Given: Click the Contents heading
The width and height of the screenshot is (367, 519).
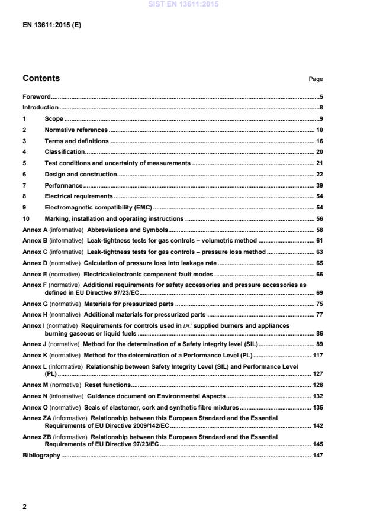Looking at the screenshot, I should pos(41,78).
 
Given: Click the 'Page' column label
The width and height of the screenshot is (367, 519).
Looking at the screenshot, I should pos(316,79).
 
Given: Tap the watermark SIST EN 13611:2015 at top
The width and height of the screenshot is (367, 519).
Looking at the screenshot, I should pos(183,4).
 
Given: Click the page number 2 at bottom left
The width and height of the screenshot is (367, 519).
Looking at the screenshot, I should pos(24,507).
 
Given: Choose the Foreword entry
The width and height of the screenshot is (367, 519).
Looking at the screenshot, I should pos(36,96).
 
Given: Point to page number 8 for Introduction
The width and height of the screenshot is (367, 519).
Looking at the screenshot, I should pos(320,108).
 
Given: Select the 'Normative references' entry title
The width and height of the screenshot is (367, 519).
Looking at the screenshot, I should pos(76,130).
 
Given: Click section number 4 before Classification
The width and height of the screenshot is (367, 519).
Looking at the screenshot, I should pos(24,152).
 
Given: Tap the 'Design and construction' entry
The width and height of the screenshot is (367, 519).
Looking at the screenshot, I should pos(81,174).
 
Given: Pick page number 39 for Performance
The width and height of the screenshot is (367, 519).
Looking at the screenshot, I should pos(318,185).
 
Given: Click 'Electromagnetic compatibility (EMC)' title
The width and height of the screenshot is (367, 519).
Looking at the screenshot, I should pos(98,208).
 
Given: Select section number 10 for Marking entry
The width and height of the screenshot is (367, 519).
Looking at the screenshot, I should pos(26,219).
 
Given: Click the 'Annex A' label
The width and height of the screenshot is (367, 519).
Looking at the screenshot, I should pos(34,230).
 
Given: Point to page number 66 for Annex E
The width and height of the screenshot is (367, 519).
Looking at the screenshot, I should pos(318,274).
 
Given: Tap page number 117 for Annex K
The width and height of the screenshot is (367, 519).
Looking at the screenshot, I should pos(317,355).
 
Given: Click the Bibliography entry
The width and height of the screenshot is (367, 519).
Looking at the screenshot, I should pos(41,455).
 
